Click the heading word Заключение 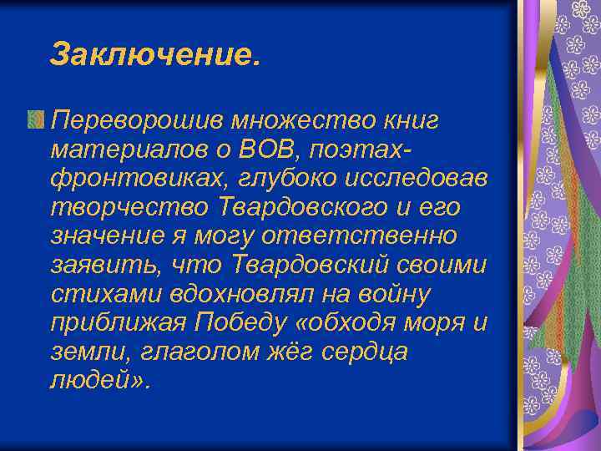(154, 54)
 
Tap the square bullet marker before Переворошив (35, 121)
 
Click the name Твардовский (297, 267)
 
